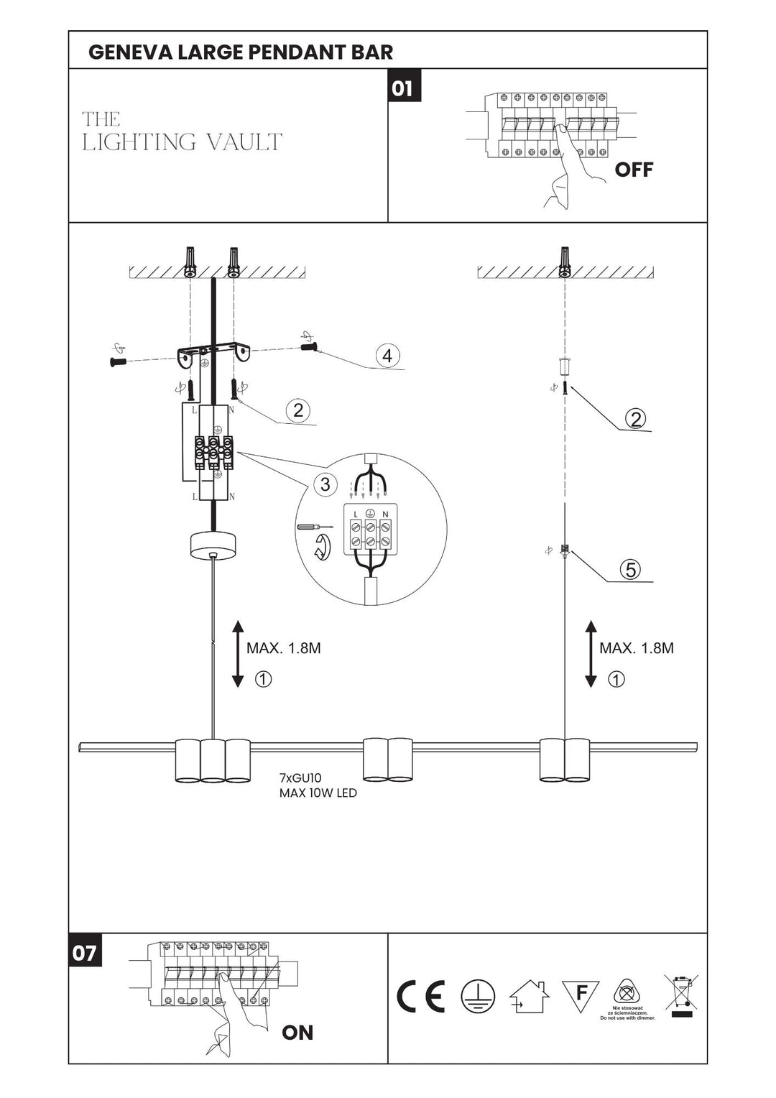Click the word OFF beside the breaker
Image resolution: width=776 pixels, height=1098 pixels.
coord(634,170)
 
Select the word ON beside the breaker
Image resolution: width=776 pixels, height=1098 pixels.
coord(297,1032)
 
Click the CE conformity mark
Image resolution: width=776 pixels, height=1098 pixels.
coord(421,996)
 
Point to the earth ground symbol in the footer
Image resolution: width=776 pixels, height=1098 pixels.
coord(478,996)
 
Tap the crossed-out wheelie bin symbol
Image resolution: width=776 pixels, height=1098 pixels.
coord(680,995)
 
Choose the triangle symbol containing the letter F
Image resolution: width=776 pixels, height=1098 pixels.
coord(581,995)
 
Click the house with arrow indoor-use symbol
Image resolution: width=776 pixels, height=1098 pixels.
coord(529,996)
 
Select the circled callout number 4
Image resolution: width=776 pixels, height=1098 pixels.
coord(387,355)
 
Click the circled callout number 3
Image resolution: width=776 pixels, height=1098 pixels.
coord(325,484)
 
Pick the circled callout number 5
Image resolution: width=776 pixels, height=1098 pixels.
coord(630,569)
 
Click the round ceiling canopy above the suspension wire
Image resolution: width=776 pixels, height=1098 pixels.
coord(212,545)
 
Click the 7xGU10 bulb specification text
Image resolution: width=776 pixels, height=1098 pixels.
coord(300,778)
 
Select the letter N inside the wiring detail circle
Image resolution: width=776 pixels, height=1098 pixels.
coord(385,514)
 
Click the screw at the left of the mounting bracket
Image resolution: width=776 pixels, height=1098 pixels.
coord(118,361)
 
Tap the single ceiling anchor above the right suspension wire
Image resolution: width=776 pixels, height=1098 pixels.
coord(565,262)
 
